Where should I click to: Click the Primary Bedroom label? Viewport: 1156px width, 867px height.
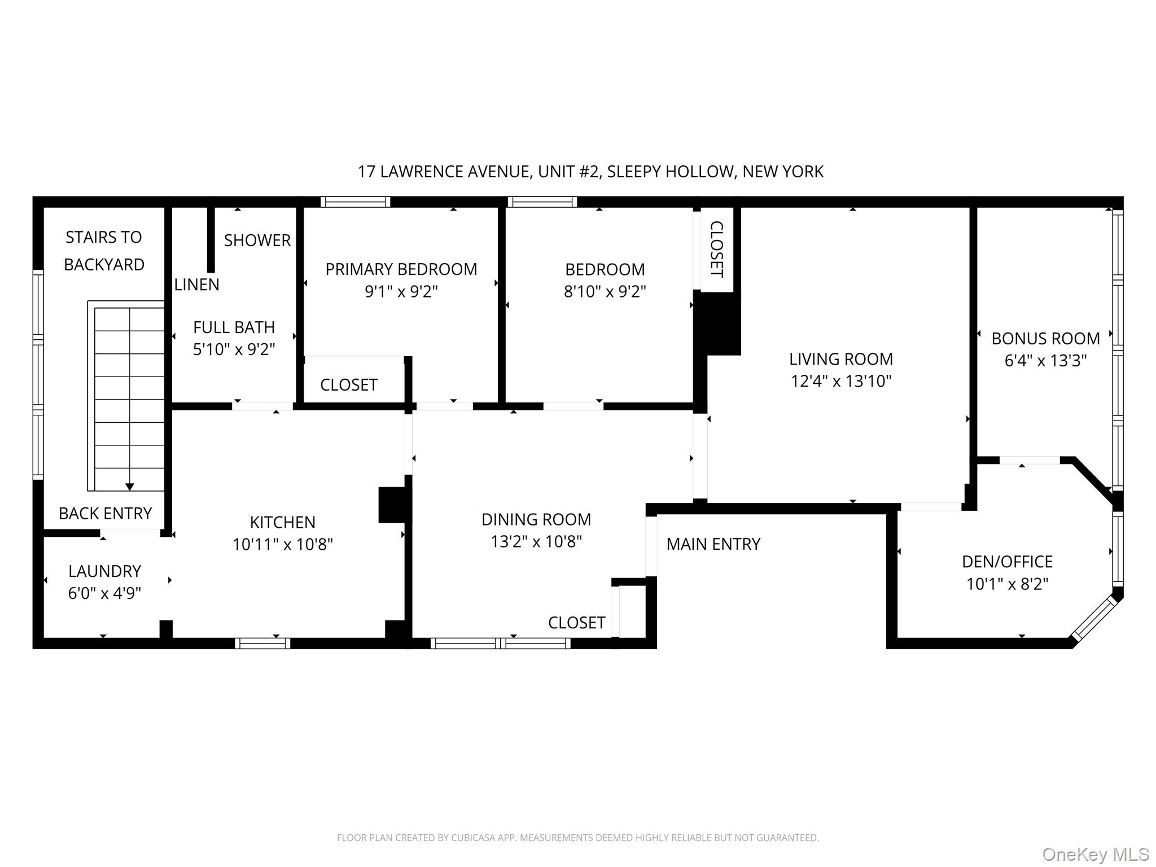click(401, 269)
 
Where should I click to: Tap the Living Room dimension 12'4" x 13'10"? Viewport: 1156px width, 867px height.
click(840, 381)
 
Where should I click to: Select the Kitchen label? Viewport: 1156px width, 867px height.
click(282, 522)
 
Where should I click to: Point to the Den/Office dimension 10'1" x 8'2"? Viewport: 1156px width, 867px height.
click(1007, 584)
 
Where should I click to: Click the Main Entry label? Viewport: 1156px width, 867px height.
click(713, 544)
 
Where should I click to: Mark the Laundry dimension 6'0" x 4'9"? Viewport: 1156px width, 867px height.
click(104, 593)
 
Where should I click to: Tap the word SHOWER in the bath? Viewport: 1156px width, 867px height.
click(257, 240)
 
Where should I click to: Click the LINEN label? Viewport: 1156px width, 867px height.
click(196, 284)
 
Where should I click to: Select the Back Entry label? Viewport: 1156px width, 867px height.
click(105, 514)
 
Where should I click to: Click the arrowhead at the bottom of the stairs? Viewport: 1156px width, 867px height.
click(129, 487)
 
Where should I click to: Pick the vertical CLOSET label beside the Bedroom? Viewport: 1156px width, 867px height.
click(716, 249)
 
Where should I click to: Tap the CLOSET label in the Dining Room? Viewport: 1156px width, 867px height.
click(576, 623)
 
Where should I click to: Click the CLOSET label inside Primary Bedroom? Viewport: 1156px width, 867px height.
click(348, 385)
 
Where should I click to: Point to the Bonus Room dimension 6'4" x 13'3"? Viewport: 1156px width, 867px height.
click(1045, 361)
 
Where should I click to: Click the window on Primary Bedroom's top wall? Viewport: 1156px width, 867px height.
click(355, 202)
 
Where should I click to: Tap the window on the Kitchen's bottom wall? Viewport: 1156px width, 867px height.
click(262, 643)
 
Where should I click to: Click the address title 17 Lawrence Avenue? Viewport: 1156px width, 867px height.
click(590, 172)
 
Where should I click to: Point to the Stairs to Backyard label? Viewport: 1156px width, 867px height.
click(104, 251)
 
